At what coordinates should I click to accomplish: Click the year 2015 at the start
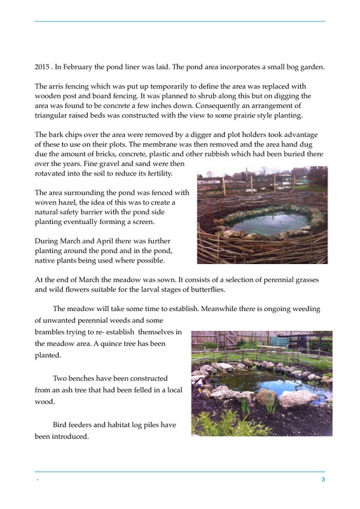(x=43, y=67)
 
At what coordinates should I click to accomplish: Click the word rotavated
(x=53, y=174)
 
